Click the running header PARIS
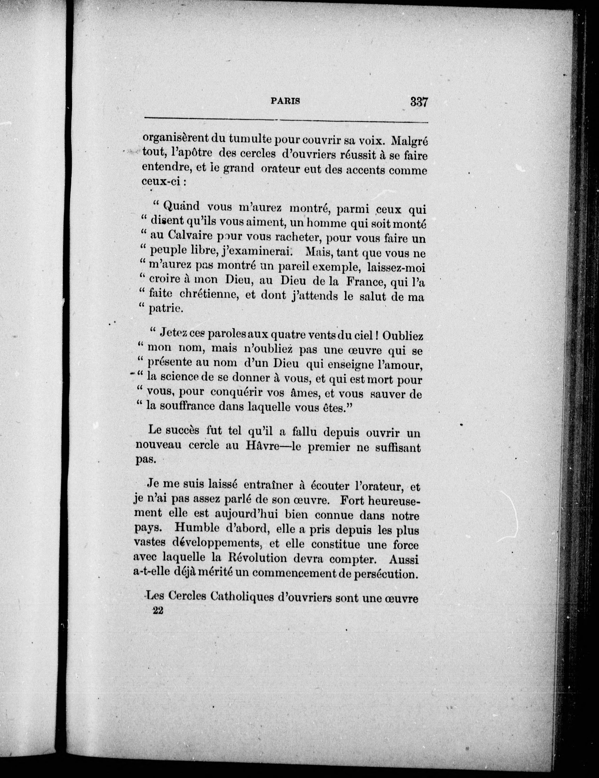285,101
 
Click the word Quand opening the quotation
182,206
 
